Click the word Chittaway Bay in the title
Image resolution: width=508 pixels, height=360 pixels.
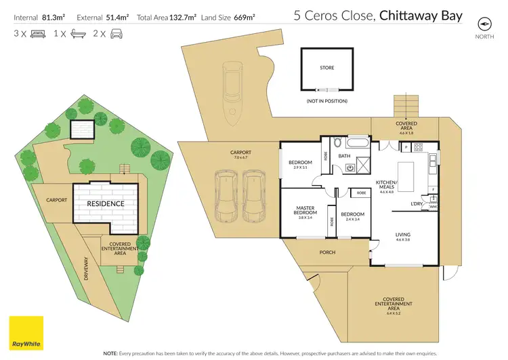pyautogui.click(x=421, y=15)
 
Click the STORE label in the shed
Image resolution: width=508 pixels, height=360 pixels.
pyautogui.click(x=327, y=68)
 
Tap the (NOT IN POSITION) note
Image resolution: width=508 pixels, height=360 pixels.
pyautogui.click(x=327, y=101)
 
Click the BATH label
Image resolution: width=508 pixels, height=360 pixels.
pyautogui.click(x=344, y=156)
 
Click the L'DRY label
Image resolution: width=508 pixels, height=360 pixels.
pyautogui.click(x=417, y=203)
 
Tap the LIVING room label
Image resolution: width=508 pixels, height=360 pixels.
pyautogui.click(x=403, y=236)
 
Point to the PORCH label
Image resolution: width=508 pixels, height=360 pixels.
pyautogui.click(x=327, y=252)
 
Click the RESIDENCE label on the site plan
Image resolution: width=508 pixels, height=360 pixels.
pyautogui.click(x=105, y=203)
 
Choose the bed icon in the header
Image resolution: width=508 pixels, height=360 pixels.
pyautogui.click(x=26, y=33)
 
